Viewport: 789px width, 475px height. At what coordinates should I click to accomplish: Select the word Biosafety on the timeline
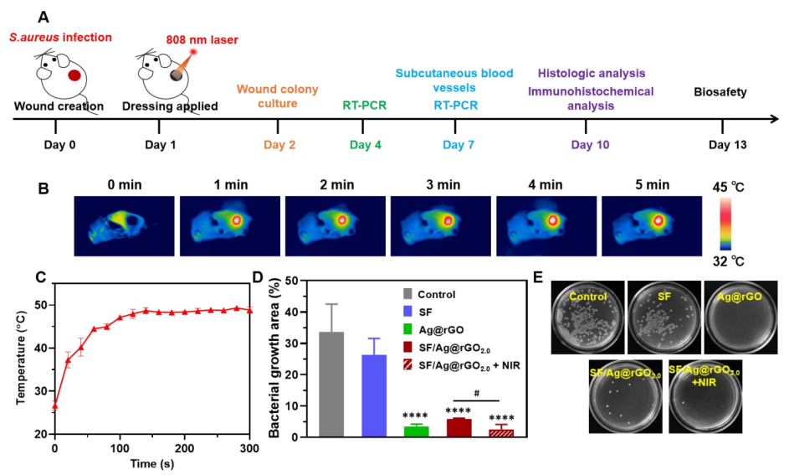720,92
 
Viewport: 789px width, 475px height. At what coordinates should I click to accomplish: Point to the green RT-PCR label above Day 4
362,106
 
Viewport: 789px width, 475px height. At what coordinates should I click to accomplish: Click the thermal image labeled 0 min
124,221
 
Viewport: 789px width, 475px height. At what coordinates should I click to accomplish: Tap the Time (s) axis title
151,463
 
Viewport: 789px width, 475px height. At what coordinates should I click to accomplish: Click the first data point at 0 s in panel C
54,405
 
